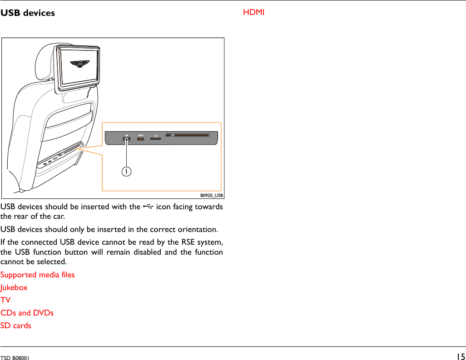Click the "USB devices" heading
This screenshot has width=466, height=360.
[28, 13]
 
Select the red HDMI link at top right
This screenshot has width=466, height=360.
[253, 12]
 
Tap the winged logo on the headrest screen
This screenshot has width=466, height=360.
[80, 64]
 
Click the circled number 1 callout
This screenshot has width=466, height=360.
[127, 171]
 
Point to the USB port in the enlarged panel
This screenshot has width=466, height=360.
[127, 139]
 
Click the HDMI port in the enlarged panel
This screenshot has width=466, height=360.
[141, 138]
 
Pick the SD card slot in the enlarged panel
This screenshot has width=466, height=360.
[155, 138]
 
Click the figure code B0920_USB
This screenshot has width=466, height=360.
[212, 196]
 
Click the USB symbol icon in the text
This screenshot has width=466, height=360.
[148, 207]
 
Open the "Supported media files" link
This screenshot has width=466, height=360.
[38, 275]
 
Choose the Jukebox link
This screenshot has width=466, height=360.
[14, 287]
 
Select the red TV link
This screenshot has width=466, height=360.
[5, 300]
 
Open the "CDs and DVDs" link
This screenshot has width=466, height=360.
[27, 313]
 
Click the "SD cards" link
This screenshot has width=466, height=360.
[16, 325]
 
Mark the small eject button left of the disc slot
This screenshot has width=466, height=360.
[169, 135]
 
